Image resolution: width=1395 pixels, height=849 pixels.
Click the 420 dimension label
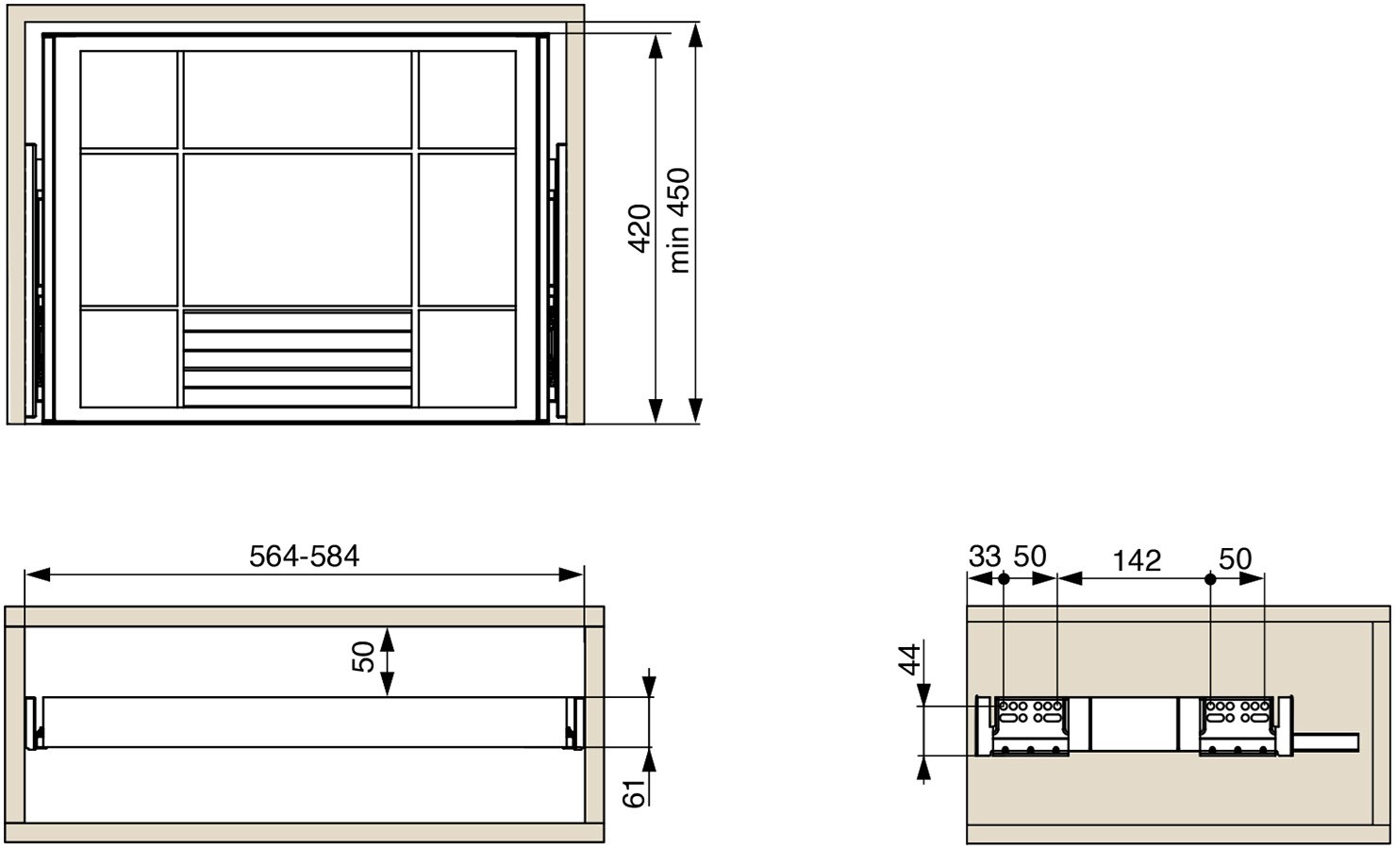coord(639,228)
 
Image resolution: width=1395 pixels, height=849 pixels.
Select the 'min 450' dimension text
coord(679,221)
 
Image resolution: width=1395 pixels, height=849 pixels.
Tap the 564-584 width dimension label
coord(304,557)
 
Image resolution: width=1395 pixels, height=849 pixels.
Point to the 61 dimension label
coord(634,793)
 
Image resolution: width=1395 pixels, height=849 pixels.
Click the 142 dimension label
coord(1137,560)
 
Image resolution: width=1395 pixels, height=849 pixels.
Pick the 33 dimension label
coord(985,557)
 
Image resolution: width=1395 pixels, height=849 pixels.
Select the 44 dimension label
coord(909,659)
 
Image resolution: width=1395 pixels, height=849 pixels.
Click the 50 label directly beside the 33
coord(1030,557)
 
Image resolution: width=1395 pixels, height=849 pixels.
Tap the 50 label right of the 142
coord(1235,558)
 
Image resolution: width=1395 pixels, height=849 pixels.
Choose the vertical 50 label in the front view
coord(363,658)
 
